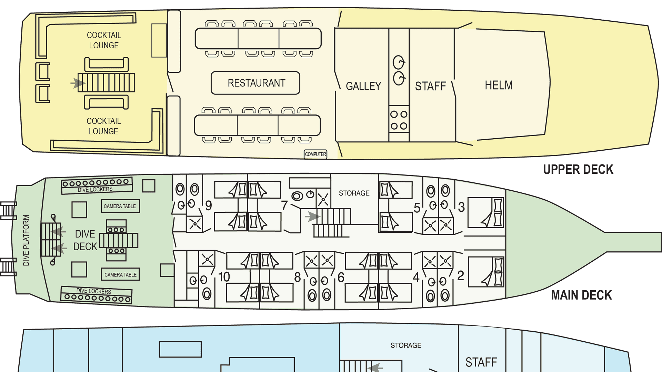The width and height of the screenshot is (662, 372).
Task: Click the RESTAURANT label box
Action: tap(255, 83)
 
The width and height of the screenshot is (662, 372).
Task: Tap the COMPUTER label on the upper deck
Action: tap(315, 154)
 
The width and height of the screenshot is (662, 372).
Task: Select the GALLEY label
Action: tap(363, 86)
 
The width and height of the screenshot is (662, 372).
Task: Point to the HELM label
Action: tap(499, 85)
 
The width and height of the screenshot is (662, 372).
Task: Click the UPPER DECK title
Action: tap(578, 169)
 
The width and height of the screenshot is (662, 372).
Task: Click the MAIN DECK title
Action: tap(581, 295)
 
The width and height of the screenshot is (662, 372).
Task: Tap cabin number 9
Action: tap(209, 206)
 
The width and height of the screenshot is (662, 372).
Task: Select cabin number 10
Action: tap(224, 277)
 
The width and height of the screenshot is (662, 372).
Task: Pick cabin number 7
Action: tap(284, 205)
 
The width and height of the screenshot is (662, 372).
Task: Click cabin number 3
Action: tap(461, 207)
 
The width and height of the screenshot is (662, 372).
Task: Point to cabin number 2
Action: tap(461, 276)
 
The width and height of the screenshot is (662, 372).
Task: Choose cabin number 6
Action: tap(341, 277)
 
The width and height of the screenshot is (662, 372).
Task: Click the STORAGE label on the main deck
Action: tap(354, 193)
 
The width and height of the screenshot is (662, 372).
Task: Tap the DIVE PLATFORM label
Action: tap(26, 240)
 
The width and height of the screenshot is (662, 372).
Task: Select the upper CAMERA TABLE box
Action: tap(120, 206)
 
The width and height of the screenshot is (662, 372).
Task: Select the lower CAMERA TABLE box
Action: tap(120, 274)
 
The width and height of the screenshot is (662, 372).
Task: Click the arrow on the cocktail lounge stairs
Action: tap(78, 83)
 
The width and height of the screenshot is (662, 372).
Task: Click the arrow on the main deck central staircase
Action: tap(313, 217)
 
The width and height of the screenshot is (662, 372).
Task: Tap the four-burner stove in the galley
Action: tap(399, 120)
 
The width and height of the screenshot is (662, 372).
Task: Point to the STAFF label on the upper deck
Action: tap(431, 86)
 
